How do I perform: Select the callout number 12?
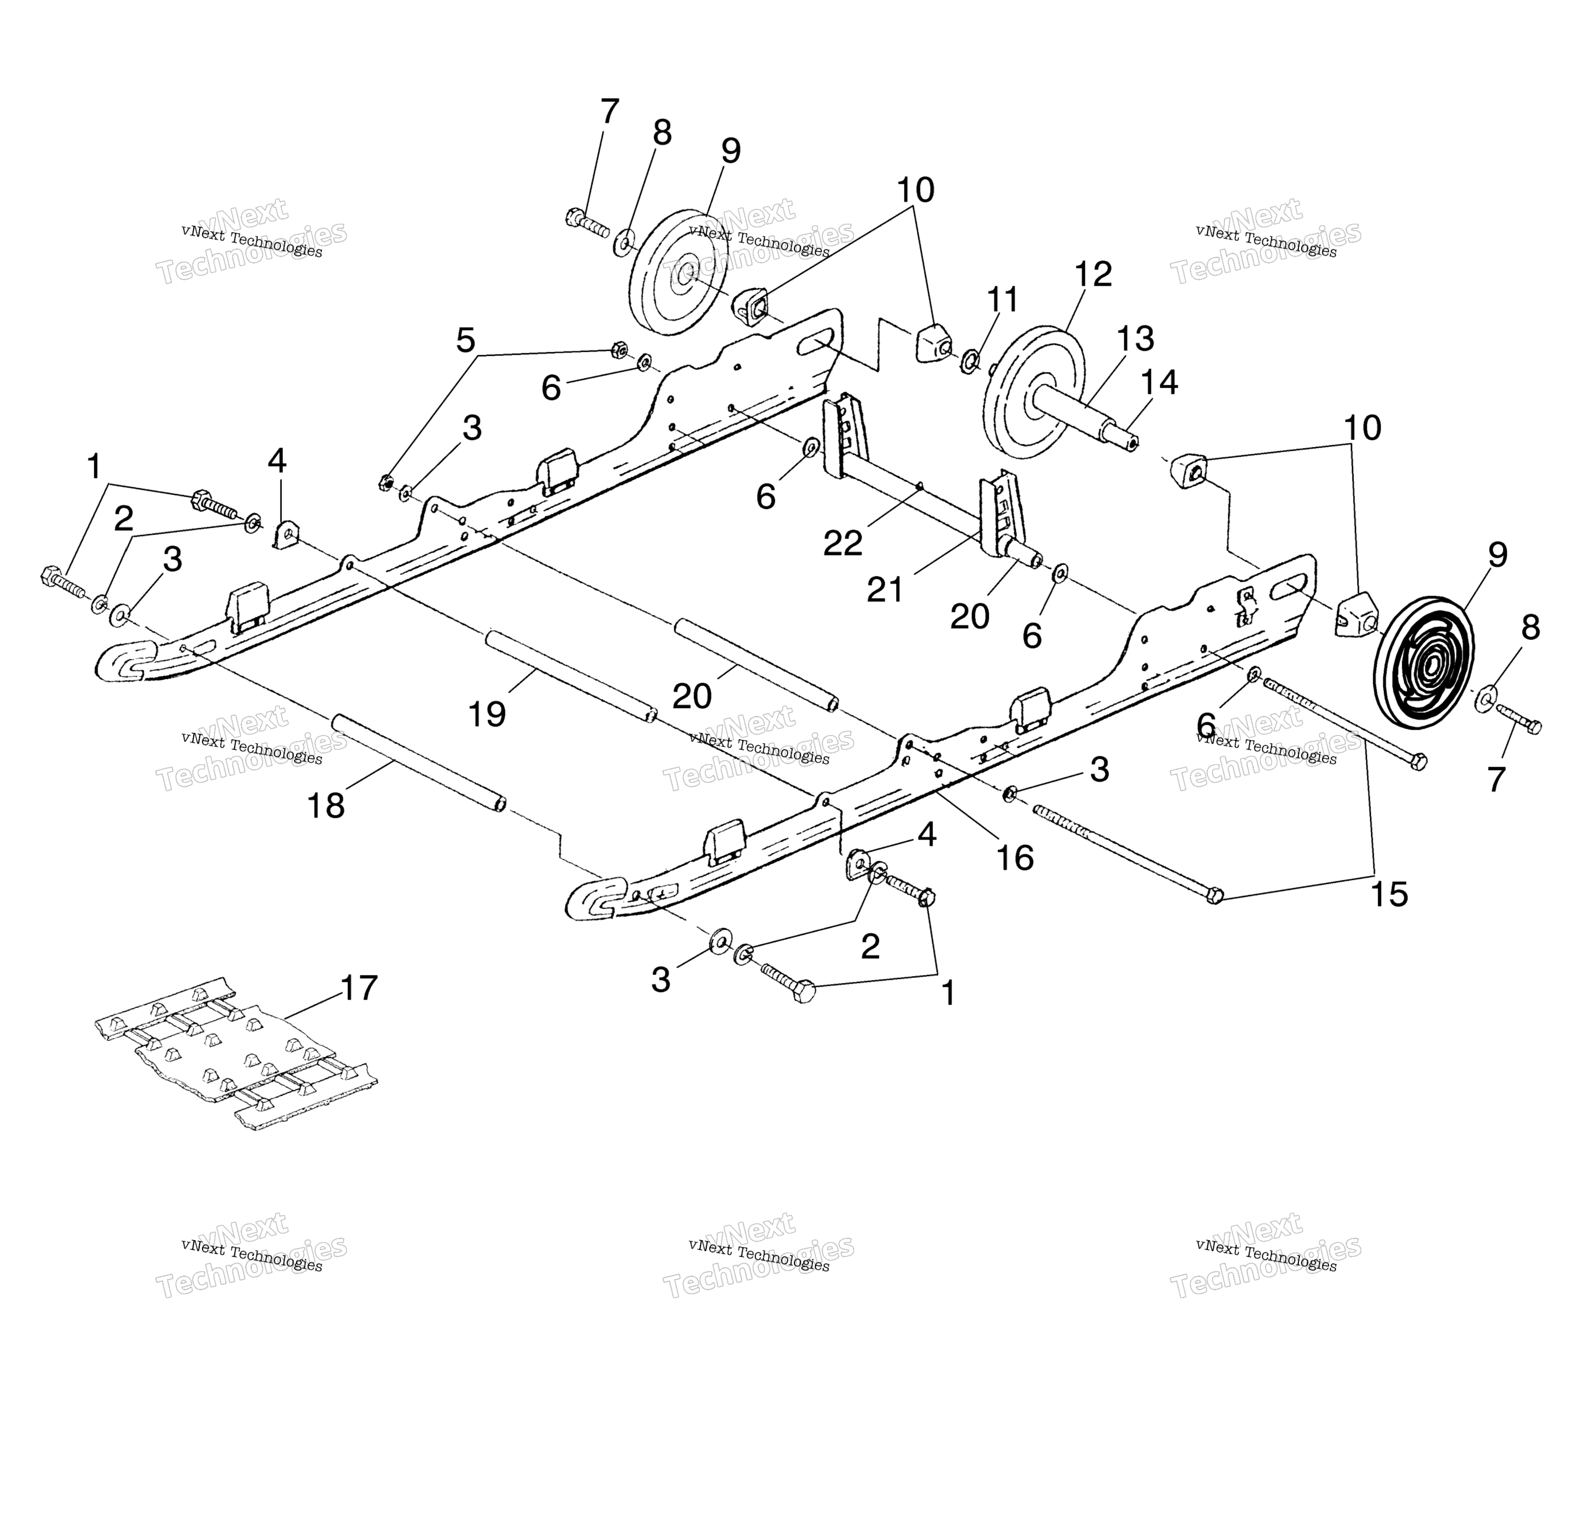[1093, 274]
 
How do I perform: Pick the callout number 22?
[843, 544]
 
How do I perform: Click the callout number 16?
[1015, 858]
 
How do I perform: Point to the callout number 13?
[1135, 339]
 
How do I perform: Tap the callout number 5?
[465, 340]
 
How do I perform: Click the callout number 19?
[487, 714]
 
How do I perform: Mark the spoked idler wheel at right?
[1423, 664]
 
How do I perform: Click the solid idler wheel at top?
[677, 273]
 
